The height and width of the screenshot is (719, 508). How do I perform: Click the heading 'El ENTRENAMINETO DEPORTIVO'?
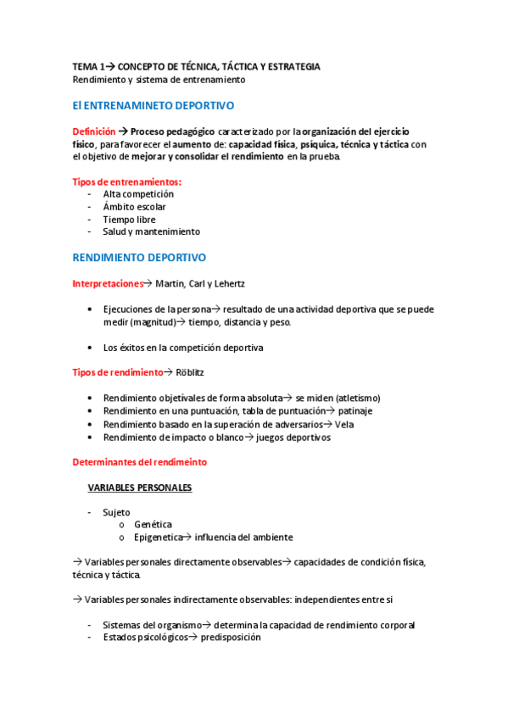pyautogui.click(x=154, y=106)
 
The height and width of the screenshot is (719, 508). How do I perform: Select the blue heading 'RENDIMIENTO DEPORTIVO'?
pyautogui.click(x=139, y=257)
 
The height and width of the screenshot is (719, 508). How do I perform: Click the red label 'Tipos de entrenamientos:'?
pyautogui.click(x=127, y=181)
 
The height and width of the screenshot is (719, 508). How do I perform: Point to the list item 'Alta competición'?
pyautogui.click(x=138, y=194)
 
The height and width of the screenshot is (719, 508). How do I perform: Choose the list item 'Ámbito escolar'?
pyautogui.click(x=134, y=207)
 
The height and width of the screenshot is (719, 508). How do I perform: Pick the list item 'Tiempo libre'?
pyautogui.click(x=129, y=219)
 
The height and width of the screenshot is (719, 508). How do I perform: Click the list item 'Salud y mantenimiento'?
pyautogui.click(x=151, y=231)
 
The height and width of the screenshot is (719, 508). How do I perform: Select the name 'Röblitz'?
pyautogui.click(x=192, y=372)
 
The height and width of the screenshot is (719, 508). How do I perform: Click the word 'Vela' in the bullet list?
pyautogui.click(x=344, y=424)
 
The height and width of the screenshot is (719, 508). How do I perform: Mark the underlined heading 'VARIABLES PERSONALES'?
pyautogui.click(x=140, y=488)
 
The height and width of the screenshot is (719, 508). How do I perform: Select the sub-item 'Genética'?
pyautogui.click(x=153, y=525)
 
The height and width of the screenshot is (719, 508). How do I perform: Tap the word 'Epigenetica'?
pyautogui.click(x=158, y=538)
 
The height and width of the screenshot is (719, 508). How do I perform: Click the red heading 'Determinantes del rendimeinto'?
pyautogui.click(x=139, y=462)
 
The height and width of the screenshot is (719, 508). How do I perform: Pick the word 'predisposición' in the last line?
pyautogui.click(x=231, y=638)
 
